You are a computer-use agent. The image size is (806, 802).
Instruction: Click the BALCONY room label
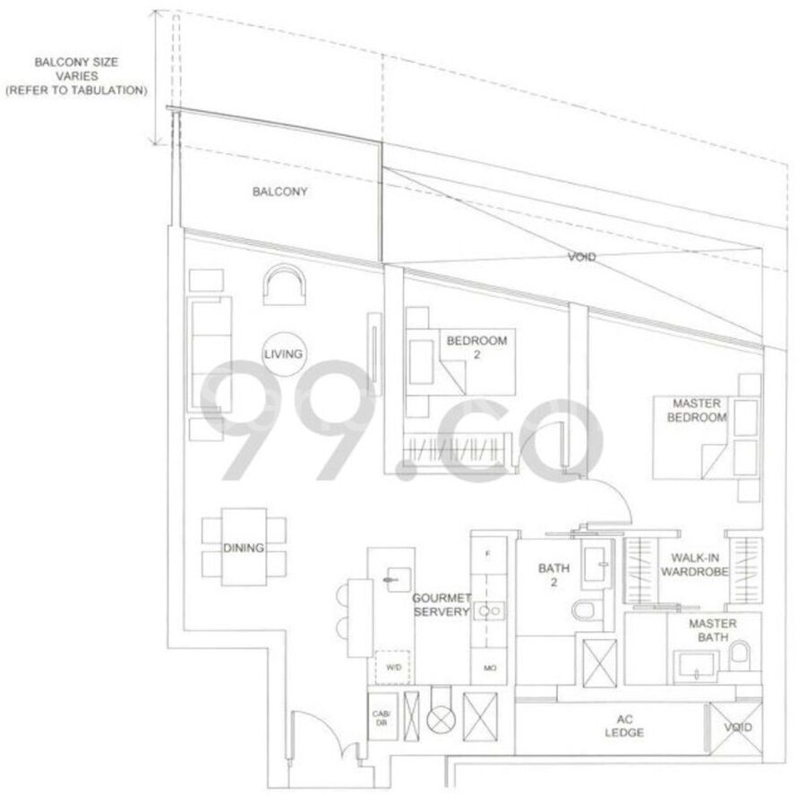point(279,192)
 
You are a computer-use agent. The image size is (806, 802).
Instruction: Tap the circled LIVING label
point(283,354)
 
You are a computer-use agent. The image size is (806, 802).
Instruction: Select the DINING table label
point(244,548)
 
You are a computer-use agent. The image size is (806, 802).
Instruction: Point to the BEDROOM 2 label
point(476,346)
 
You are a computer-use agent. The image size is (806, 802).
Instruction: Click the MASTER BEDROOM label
point(697,410)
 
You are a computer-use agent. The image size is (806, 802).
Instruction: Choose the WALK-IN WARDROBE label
point(694,564)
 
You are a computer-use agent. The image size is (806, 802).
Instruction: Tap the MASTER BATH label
point(713,630)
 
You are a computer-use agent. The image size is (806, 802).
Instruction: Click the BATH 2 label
point(553,575)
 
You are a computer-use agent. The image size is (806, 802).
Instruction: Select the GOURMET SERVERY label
point(442,605)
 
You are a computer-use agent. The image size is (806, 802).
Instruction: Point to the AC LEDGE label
point(624,726)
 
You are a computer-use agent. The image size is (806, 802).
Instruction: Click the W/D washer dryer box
point(392,668)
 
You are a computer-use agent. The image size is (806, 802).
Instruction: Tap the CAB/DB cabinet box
point(382,717)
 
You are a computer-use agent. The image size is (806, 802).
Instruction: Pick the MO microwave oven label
point(489,669)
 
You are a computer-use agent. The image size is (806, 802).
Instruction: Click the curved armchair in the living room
point(285,284)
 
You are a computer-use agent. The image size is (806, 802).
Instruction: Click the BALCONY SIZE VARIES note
point(77,76)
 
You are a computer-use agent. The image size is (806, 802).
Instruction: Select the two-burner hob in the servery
point(489,610)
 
